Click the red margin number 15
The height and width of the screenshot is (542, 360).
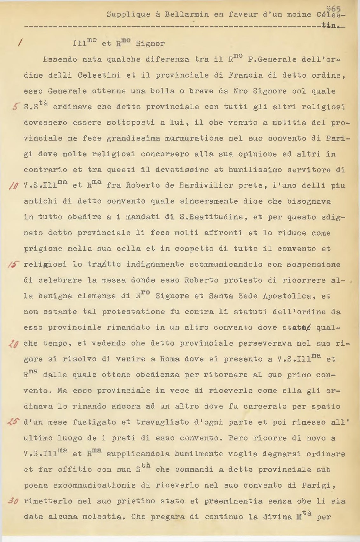tap(14, 265)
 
